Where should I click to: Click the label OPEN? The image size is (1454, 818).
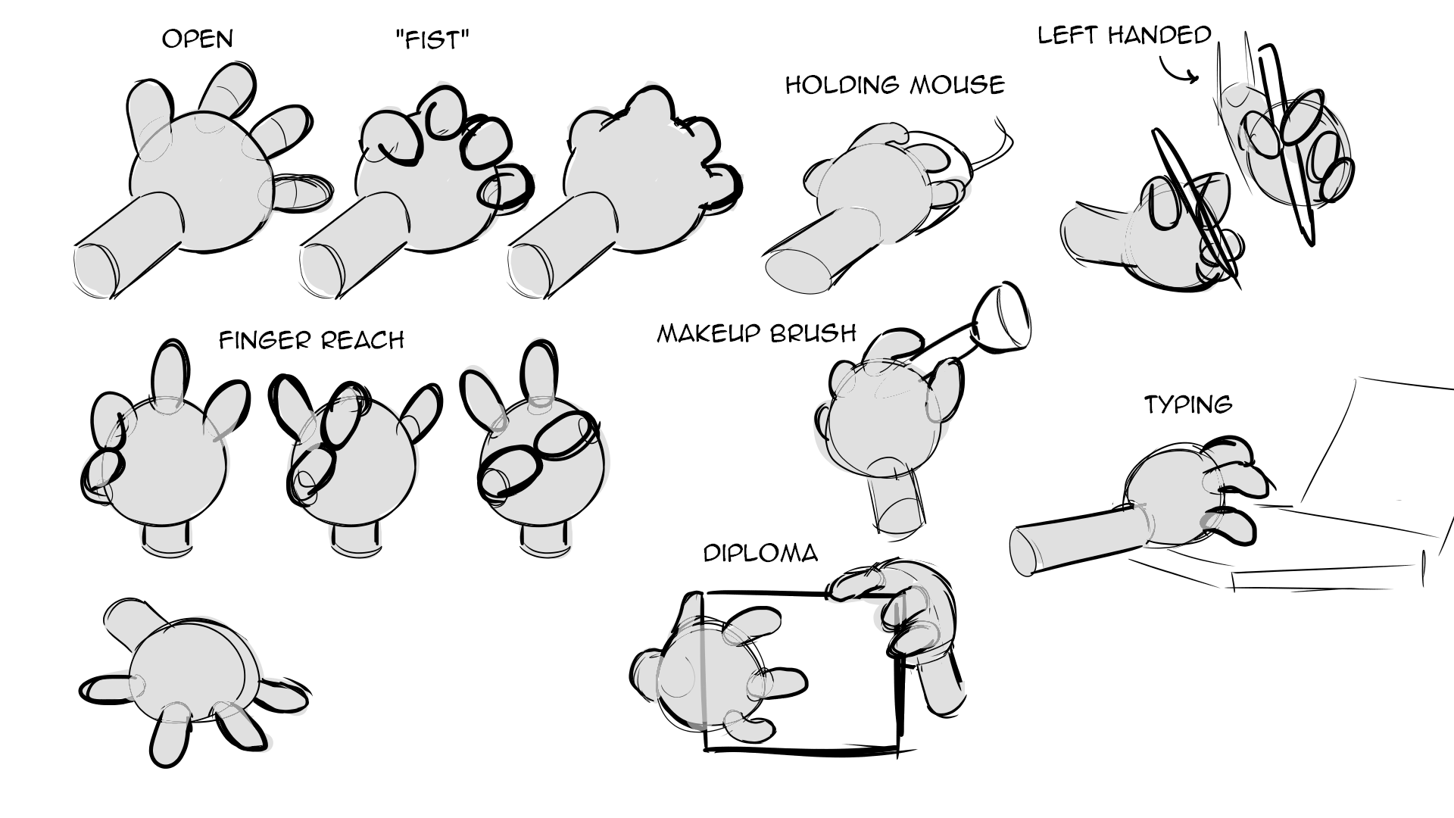pos(198,39)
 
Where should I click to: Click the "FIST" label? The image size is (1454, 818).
pos(432,39)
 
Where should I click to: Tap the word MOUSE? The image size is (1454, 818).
pos(957,84)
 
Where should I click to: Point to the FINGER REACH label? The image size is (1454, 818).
pos(311,340)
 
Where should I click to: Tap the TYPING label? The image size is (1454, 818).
pos(1188,404)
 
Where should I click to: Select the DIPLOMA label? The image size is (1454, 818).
pos(761,554)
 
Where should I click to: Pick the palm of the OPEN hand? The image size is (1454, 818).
pos(200,182)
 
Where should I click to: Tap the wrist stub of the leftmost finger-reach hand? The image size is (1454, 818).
pos(165,540)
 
